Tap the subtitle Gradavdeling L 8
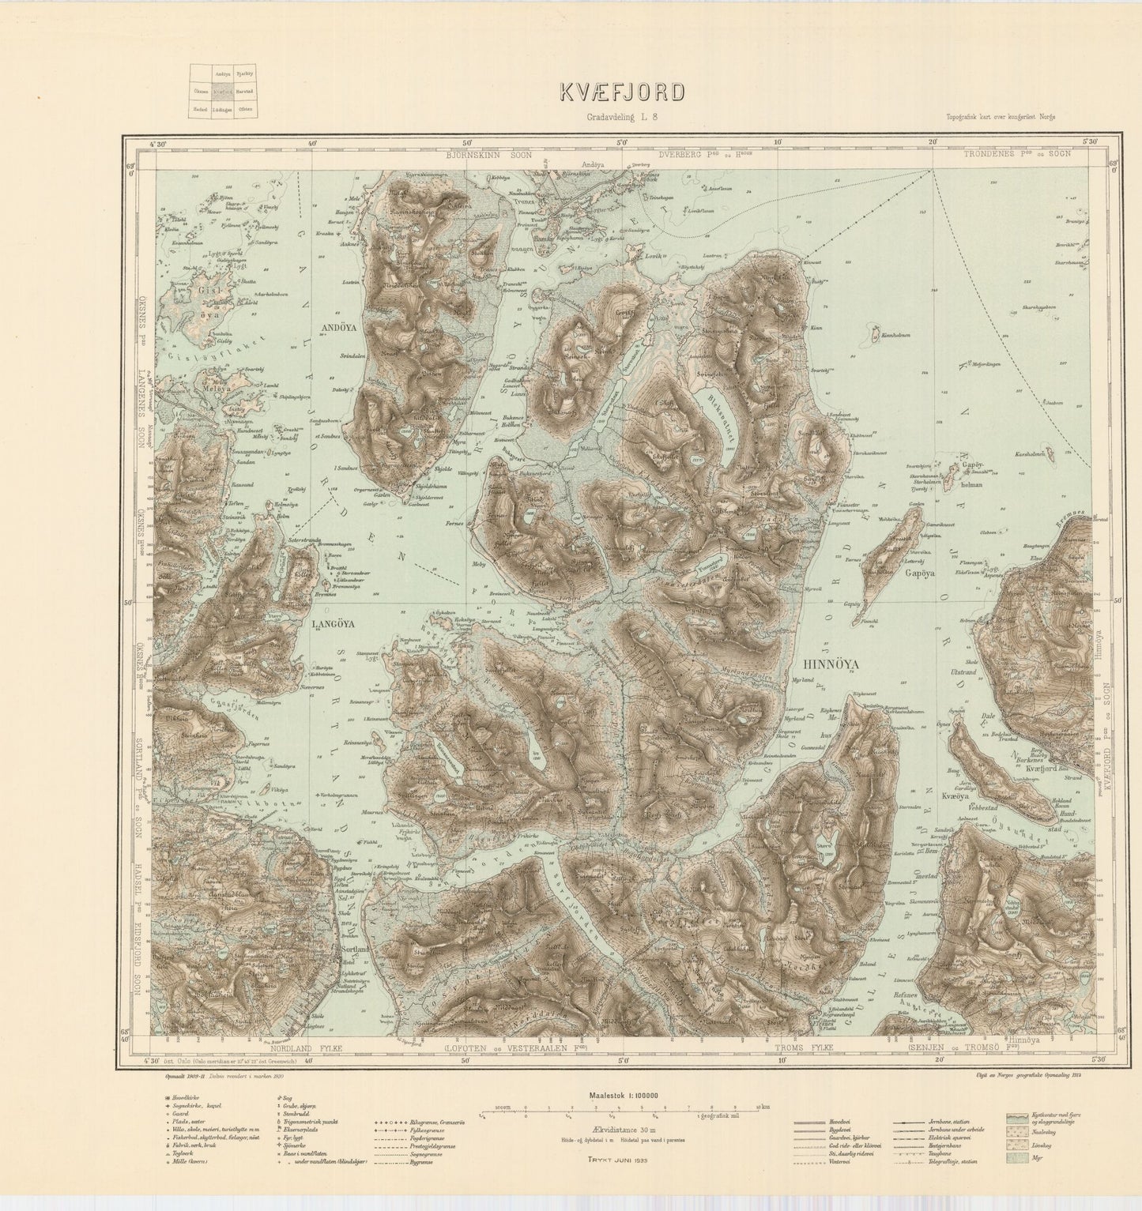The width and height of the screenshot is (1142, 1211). [x=623, y=117]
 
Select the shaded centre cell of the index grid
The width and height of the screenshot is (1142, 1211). [x=223, y=91]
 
